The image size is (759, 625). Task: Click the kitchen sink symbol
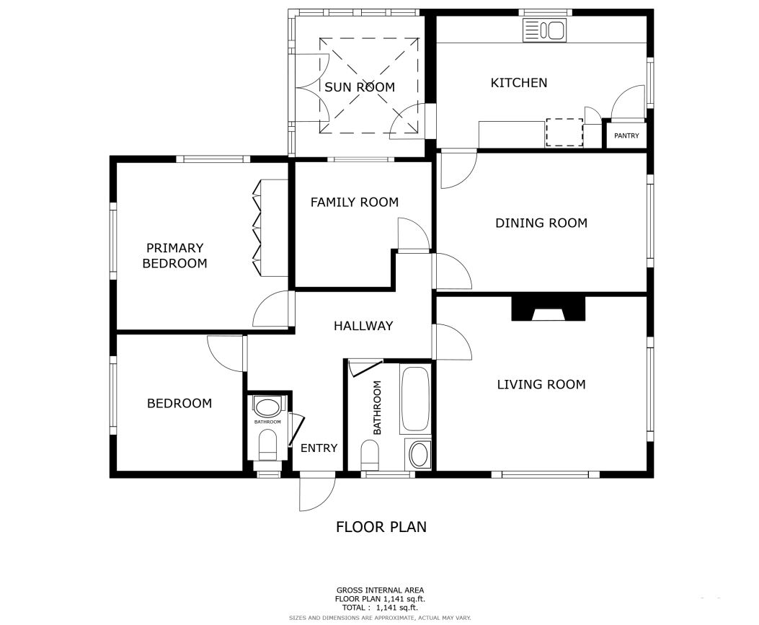coord(544,30)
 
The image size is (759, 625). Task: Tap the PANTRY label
coord(626,136)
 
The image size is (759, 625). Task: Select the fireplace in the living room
coord(549,309)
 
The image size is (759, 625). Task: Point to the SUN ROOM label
coord(360,87)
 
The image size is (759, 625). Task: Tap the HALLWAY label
coord(363,326)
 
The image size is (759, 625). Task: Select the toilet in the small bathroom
coord(267,445)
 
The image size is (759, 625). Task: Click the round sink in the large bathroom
coord(420,454)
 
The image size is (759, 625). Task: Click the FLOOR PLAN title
coord(381,527)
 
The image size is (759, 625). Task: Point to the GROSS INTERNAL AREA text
coord(380,590)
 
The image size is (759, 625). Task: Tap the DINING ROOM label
coord(541,223)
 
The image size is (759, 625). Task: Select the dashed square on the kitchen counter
coord(564,132)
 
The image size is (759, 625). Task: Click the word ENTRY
coord(319,448)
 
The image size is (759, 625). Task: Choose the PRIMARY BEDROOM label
coord(174,256)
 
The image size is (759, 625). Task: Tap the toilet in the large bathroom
coord(370,455)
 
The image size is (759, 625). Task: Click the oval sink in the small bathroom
coord(267,407)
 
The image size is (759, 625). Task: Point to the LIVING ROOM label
coord(541,384)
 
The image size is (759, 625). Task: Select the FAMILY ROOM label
coord(355,202)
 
